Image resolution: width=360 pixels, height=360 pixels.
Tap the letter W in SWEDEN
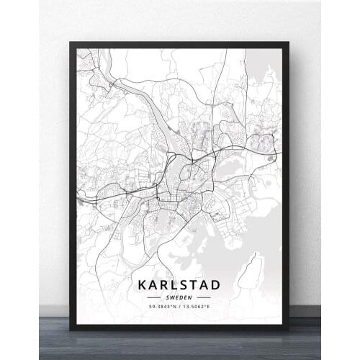(x=172, y=297)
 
